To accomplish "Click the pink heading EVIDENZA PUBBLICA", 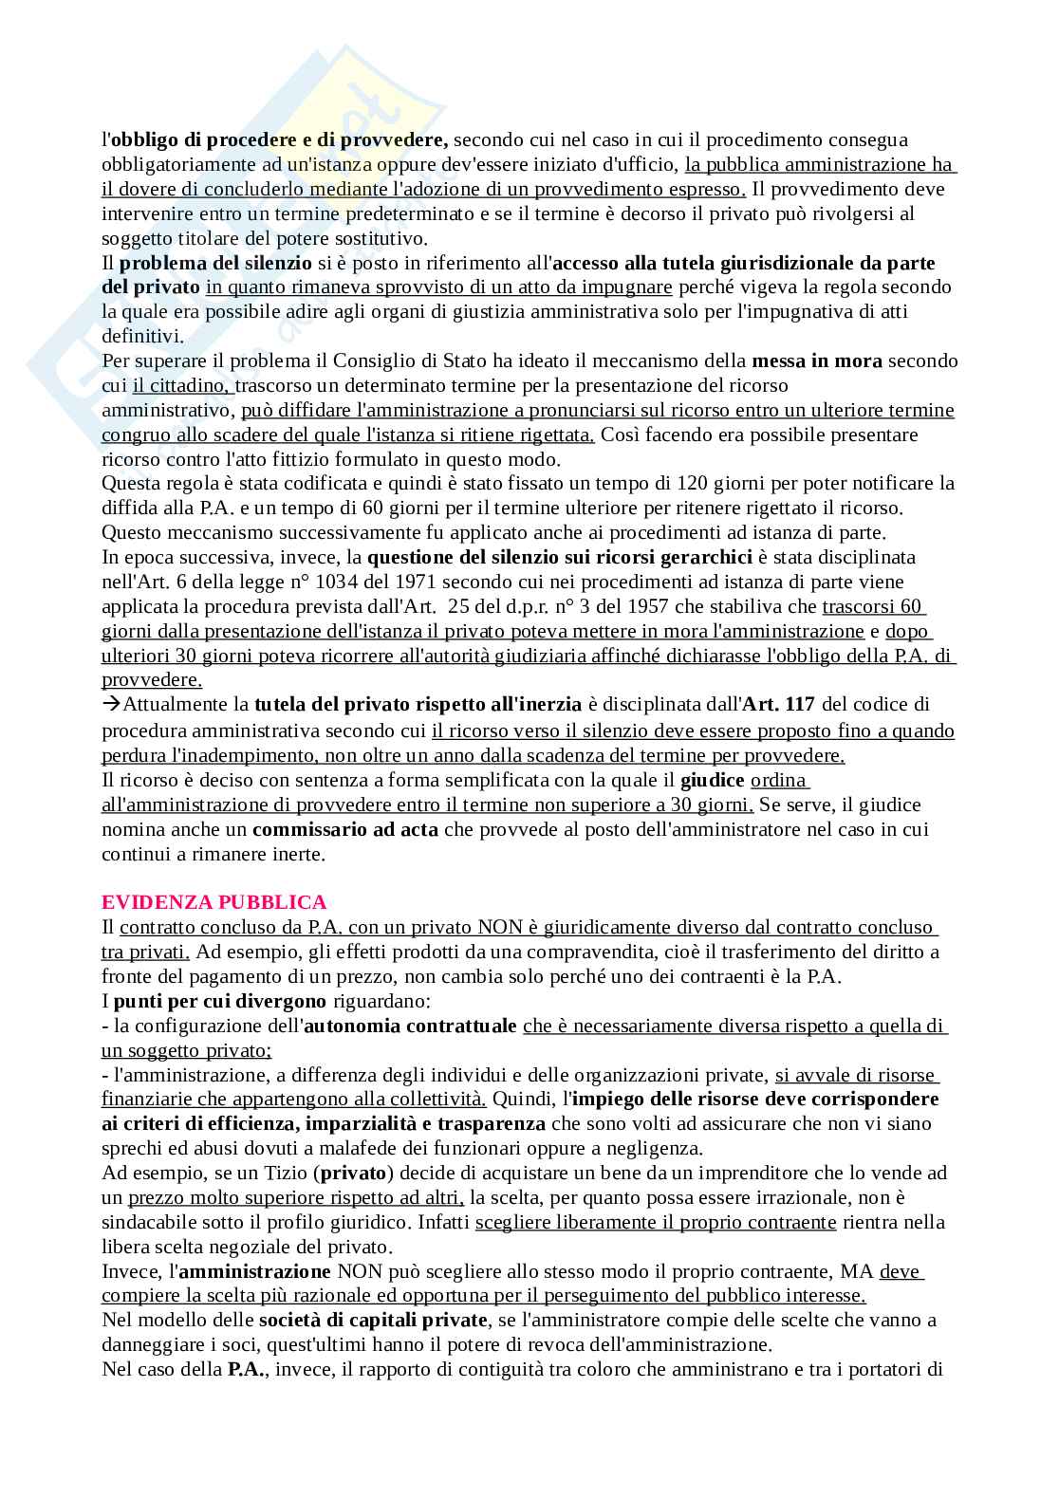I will tap(214, 902).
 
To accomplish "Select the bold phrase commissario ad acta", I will tap(345, 830).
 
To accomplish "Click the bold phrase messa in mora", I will tap(816, 361).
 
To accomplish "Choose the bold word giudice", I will tap(712, 781).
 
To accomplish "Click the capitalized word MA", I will tap(862, 1271).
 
